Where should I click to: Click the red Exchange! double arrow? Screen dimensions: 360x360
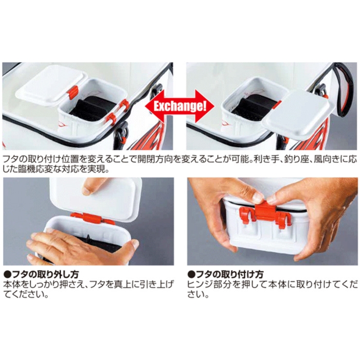pyautogui.click(x=179, y=106)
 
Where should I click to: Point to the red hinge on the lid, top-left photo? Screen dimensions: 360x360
pyautogui.click(x=73, y=92)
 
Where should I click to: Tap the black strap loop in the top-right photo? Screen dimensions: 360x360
pyautogui.click(x=343, y=89)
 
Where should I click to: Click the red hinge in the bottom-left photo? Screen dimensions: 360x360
pyautogui.click(x=92, y=218)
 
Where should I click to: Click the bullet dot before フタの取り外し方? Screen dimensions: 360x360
pyautogui.click(x=8, y=275)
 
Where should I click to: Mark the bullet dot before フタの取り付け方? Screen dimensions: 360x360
pyautogui.click(x=191, y=275)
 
